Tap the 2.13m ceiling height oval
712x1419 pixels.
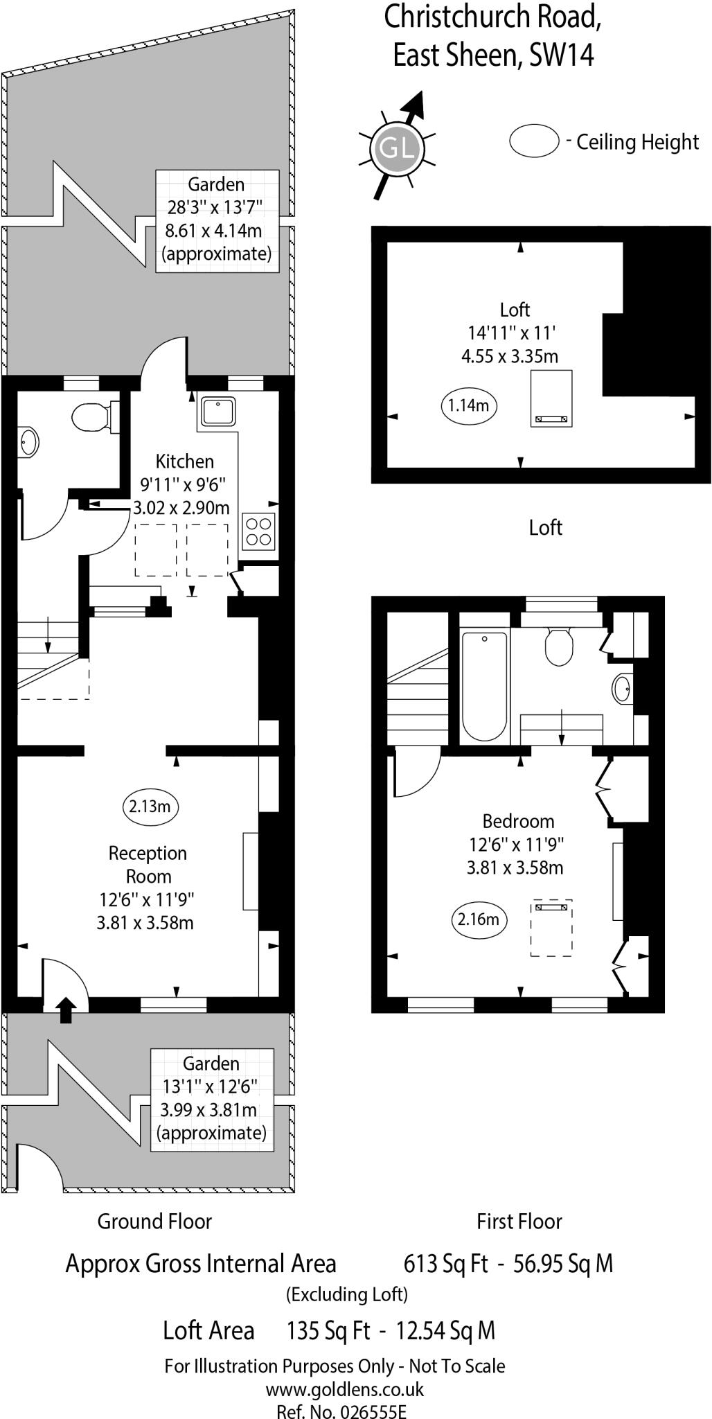[x=150, y=807]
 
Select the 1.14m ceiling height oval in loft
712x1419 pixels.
[x=469, y=405]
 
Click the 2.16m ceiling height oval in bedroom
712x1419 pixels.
[x=479, y=919]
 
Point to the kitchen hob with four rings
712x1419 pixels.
[x=258, y=531]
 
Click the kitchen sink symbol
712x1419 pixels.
[x=218, y=412]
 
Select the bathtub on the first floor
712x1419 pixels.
[x=484, y=686]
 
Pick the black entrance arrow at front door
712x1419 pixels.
[x=66, y=1010]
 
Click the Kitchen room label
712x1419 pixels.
[x=184, y=461]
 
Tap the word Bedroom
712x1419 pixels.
[x=518, y=822]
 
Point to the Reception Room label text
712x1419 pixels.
[x=148, y=865]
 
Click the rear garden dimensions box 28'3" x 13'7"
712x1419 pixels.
[x=216, y=220]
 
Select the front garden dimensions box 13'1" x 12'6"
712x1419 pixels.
[x=212, y=1100]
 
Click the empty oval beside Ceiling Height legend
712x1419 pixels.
[x=534, y=141]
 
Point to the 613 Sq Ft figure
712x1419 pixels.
[x=445, y=1264]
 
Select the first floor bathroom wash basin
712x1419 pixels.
[x=622, y=689]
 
